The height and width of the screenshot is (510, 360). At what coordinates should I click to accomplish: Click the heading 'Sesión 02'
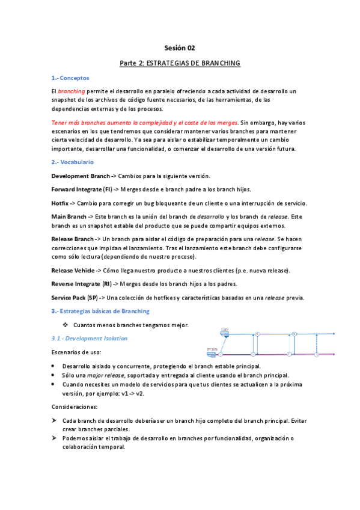coord(180,48)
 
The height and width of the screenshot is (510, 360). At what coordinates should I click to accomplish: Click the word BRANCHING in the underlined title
coord(219,63)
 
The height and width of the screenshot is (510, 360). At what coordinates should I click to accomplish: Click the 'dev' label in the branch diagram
coord(225,329)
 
